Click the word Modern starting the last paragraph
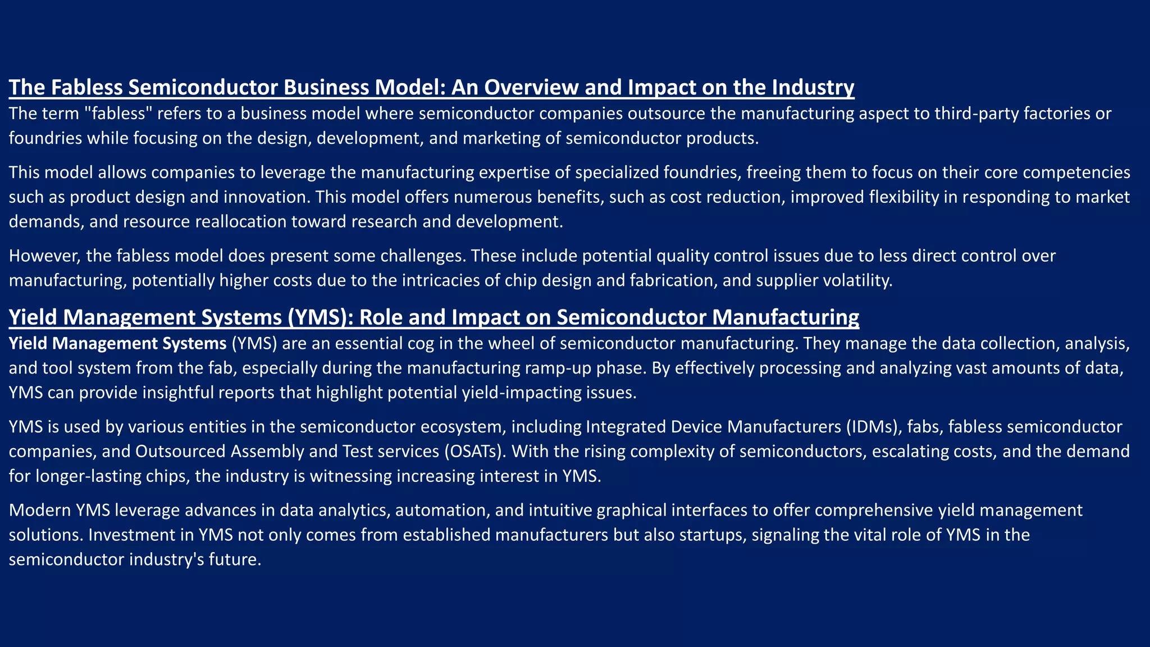[40, 510]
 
